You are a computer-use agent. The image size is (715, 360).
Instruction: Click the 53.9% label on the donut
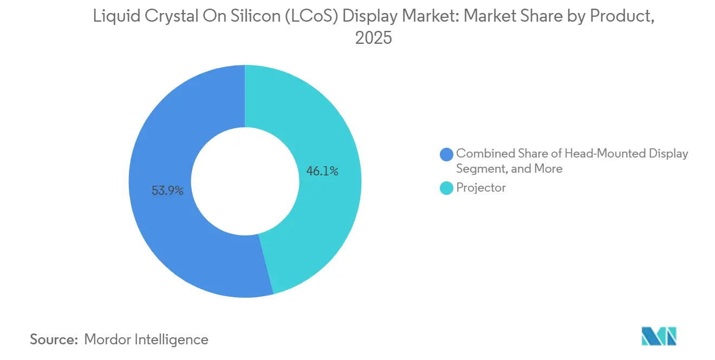[x=167, y=191]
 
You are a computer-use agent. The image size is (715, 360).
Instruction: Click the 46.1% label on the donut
[x=322, y=172]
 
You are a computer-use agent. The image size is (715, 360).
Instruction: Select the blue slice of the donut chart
[x=162, y=227]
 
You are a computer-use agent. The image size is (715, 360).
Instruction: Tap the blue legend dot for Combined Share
[x=446, y=154]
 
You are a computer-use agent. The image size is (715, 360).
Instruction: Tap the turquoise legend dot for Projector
[x=446, y=188]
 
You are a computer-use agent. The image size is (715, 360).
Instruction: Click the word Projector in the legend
[x=481, y=188]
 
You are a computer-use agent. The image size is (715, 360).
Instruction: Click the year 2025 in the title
[x=373, y=38]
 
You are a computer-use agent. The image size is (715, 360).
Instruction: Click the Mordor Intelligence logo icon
[x=659, y=336]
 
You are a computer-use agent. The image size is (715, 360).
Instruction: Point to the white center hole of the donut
[x=245, y=181]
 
